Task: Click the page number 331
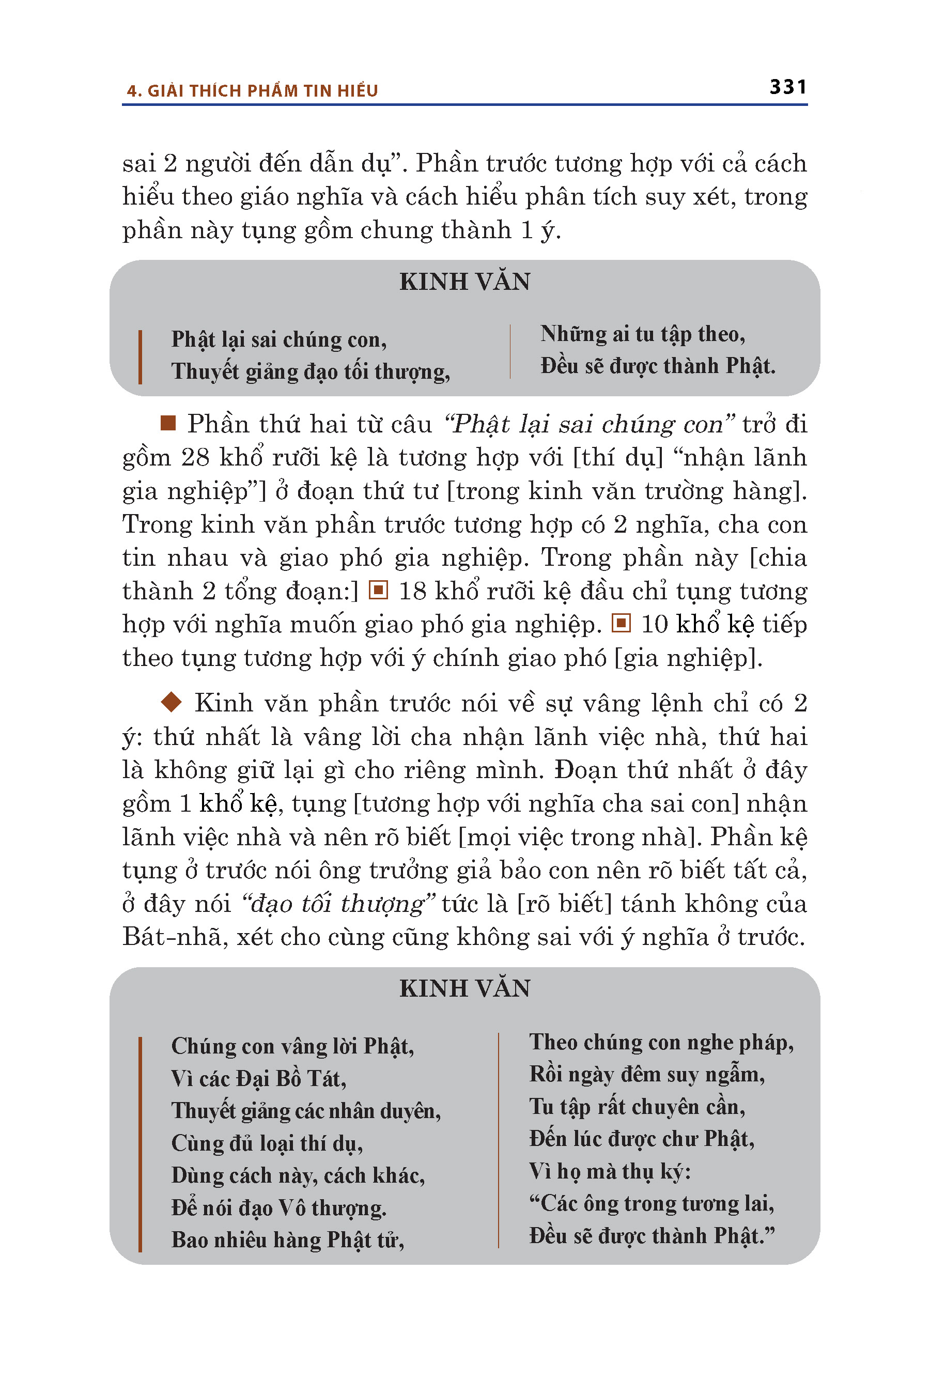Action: click(787, 87)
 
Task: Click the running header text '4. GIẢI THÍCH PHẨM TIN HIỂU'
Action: click(252, 91)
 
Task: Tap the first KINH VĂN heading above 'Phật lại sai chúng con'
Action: click(464, 282)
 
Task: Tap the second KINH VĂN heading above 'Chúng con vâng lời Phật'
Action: click(464, 988)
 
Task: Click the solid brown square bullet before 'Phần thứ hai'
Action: click(168, 423)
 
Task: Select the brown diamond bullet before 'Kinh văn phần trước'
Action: click(172, 702)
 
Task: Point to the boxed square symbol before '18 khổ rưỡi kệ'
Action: click(378, 591)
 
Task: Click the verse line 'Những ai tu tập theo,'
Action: click(642, 334)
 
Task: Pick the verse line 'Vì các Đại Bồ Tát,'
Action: click(259, 1079)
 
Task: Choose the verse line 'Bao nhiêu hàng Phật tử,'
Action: click(288, 1240)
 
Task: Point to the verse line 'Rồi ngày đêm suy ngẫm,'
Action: click(646, 1075)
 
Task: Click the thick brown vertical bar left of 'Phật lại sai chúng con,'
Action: click(140, 357)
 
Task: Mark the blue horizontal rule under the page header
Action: click(464, 105)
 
